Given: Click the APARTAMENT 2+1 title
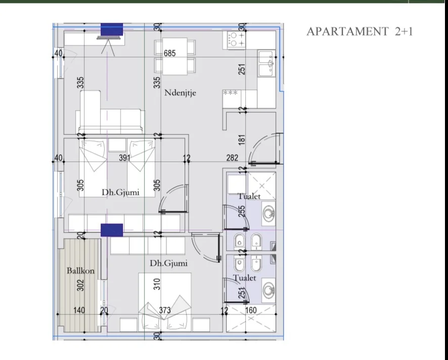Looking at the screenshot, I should click(x=360, y=31).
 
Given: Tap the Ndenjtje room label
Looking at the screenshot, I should click(x=180, y=93).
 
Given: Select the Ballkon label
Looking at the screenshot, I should click(x=80, y=271).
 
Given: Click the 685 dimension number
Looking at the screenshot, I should click(x=169, y=53).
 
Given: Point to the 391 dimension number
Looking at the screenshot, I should click(x=125, y=158).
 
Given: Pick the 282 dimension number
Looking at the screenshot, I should click(x=232, y=158).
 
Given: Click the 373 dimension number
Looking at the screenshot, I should click(x=165, y=310).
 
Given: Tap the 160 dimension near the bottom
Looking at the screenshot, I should click(x=251, y=310).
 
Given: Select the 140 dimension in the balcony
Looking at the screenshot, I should click(x=79, y=310).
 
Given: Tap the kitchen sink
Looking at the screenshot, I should click(x=266, y=63).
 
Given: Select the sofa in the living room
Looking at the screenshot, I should click(x=109, y=114).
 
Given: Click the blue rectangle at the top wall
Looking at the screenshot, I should click(x=112, y=29).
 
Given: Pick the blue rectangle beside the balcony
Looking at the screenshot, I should click(x=112, y=230).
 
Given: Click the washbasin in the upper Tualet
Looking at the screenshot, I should click(x=268, y=214).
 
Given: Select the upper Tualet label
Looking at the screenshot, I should click(x=249, y=196).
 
